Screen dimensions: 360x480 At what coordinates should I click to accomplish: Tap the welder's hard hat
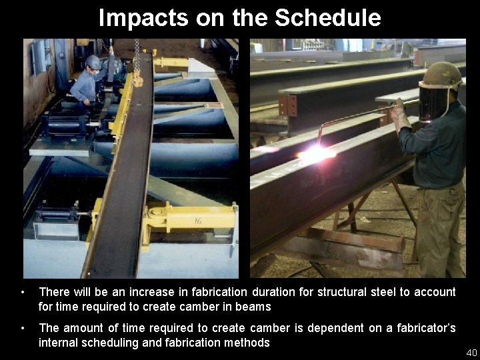pos(441,75)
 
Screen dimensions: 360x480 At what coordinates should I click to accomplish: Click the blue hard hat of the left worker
pos(93,61)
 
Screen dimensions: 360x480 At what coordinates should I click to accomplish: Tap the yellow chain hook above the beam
pos(138,78)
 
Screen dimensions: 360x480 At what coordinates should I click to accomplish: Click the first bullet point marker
pos(24,292)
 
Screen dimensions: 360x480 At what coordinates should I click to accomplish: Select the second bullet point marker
pos(24,328)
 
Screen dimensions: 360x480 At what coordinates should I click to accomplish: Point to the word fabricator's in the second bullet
pos(423,328)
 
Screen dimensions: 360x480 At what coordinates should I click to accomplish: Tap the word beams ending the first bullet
pos(255,307)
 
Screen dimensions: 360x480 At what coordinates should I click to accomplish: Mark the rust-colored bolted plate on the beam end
pos(288,105)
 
